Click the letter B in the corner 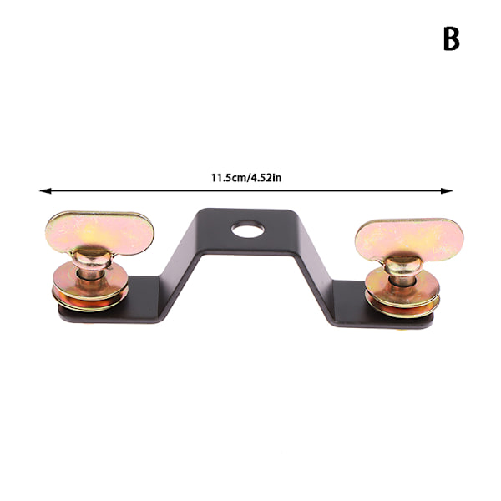tap(452, 38)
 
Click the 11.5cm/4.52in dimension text tap(246, 178)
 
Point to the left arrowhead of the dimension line tap(45, 190)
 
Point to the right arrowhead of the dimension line tap(447, 190)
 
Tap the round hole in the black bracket tap(248, 229)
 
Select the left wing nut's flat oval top tap(99, 233)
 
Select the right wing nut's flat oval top tap(409, 240)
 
